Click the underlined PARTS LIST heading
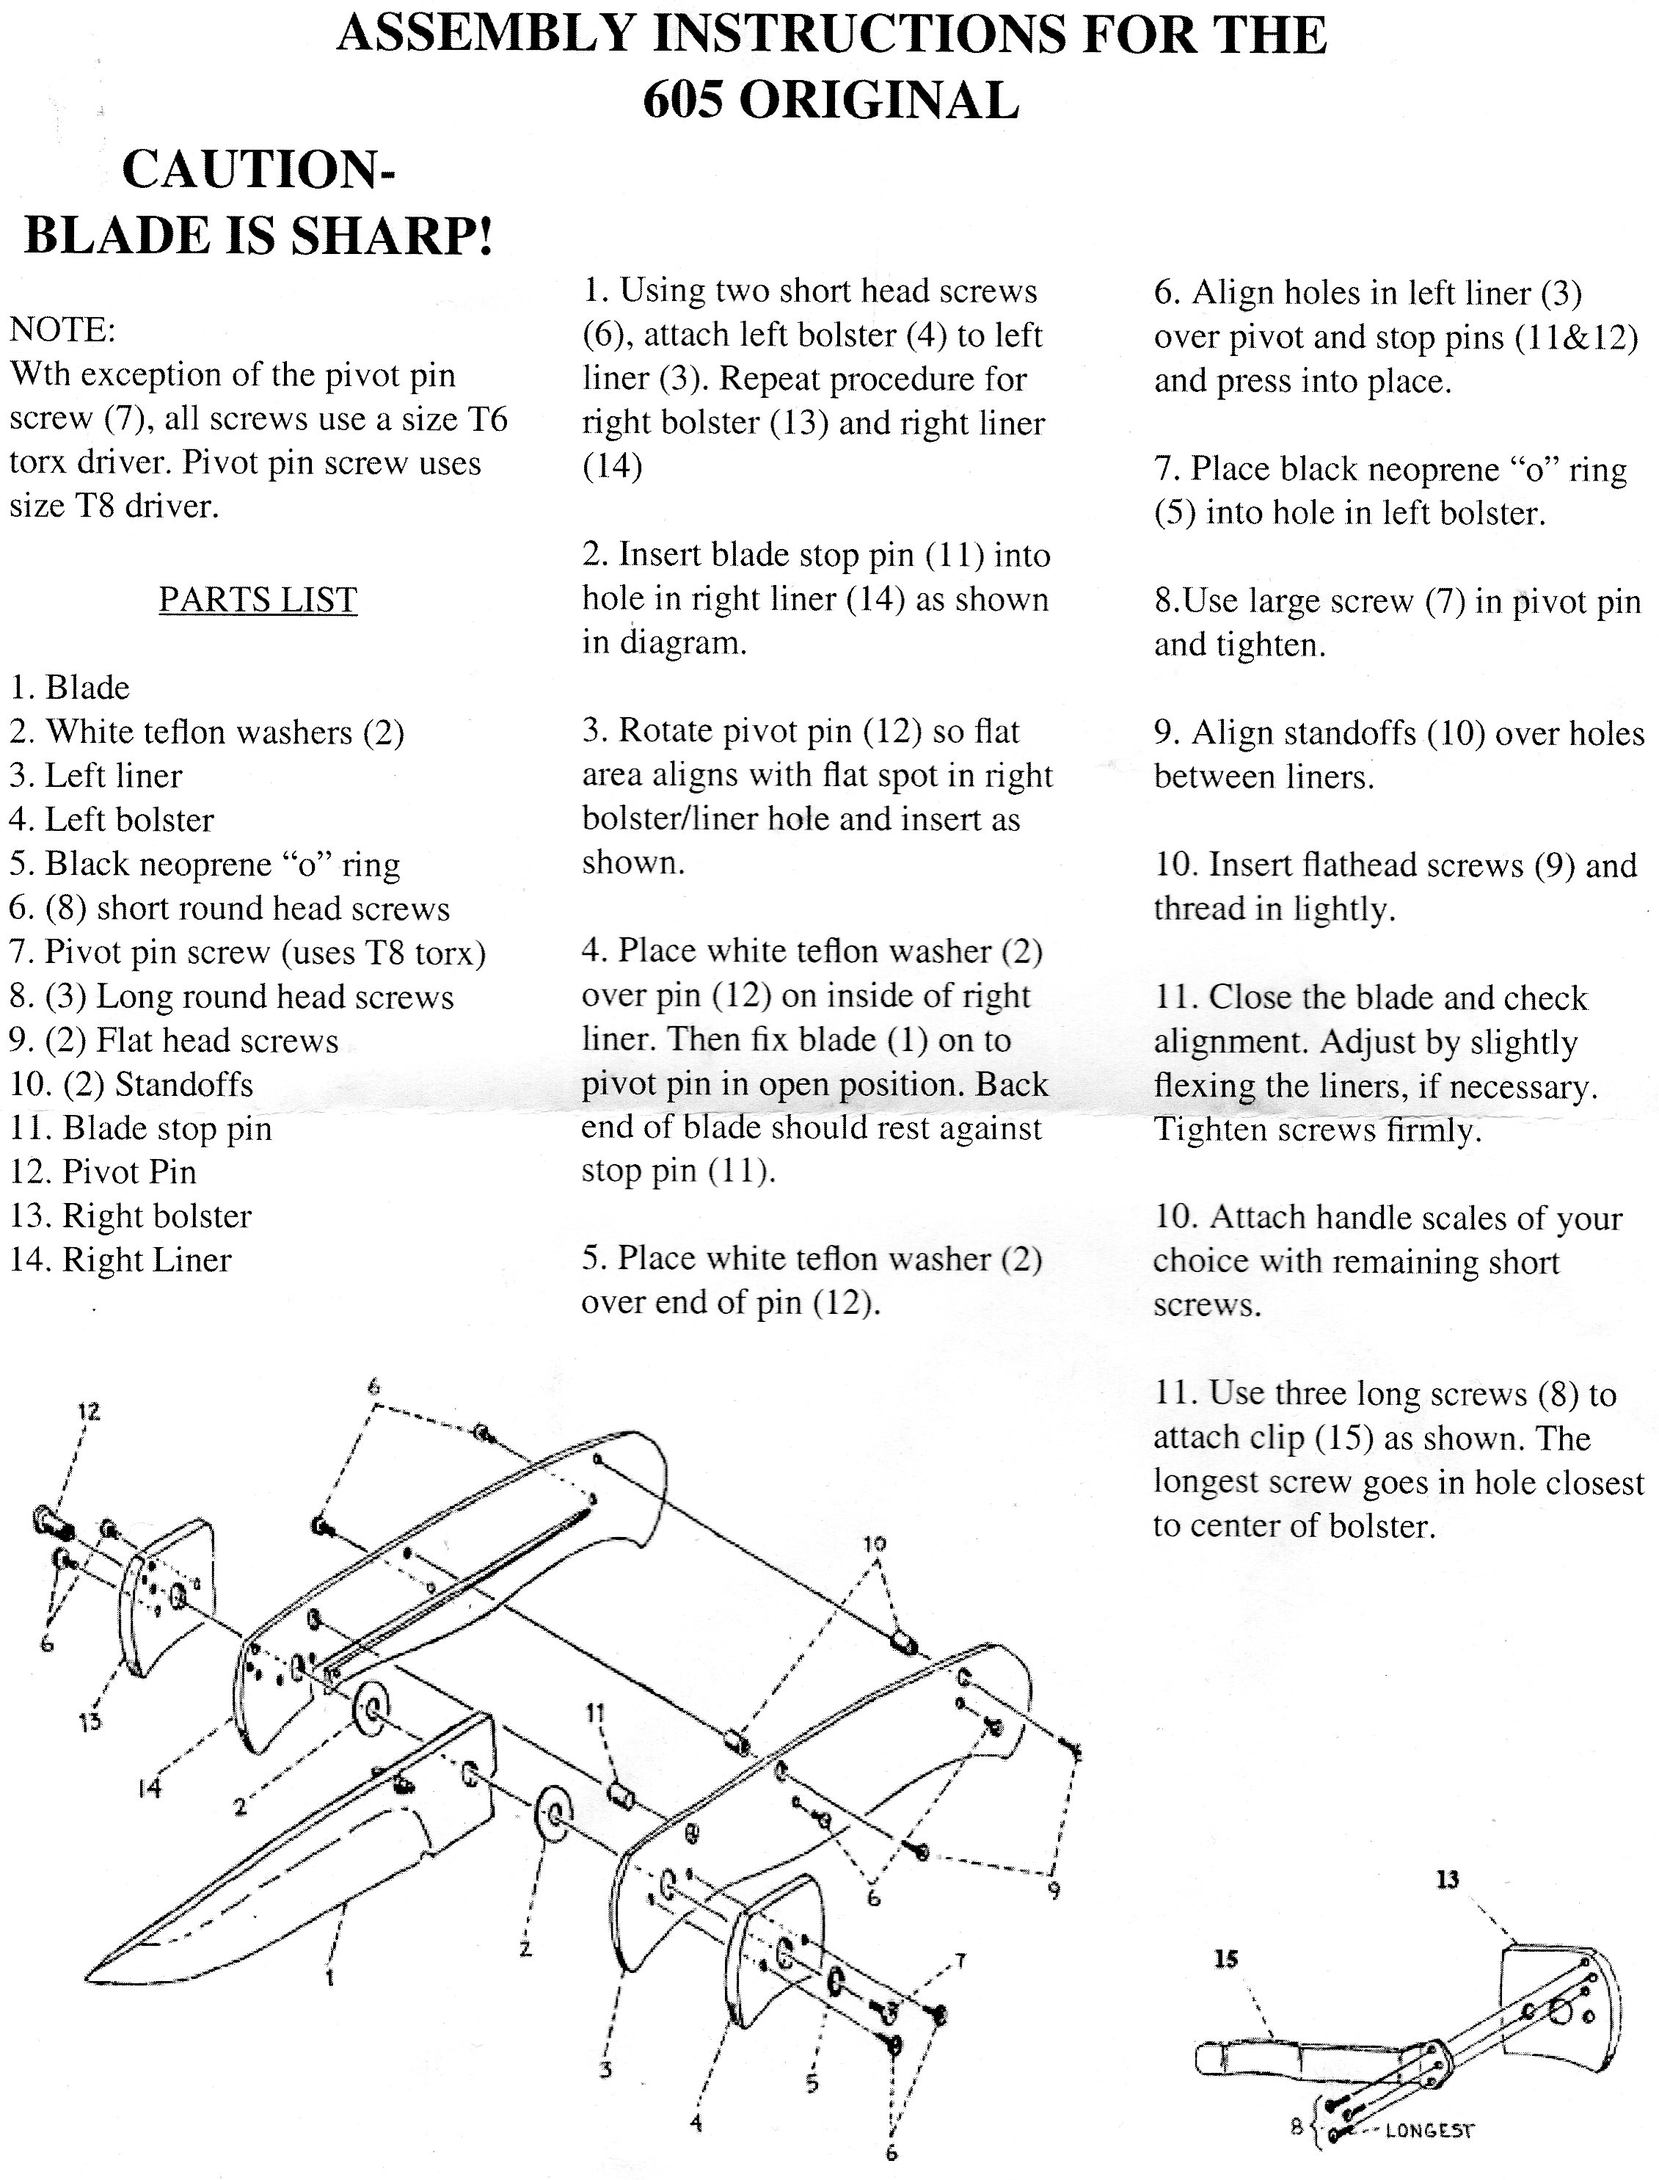258,600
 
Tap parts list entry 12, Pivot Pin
103,1171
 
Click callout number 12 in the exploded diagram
89,1411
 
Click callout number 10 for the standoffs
875,1544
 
